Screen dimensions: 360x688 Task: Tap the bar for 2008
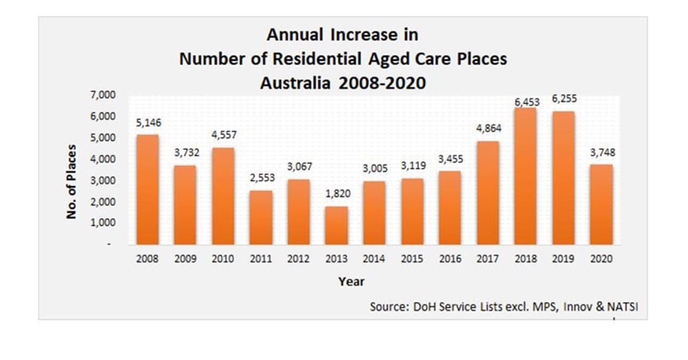(x=147, y=190)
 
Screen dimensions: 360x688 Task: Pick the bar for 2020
(x=601, y=205)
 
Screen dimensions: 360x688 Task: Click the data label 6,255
(x=564, y=99)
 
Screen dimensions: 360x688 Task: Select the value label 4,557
(x=223, y=135)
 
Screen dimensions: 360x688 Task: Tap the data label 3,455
(x=450, y=159)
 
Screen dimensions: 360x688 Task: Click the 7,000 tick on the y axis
(x=103, y=95)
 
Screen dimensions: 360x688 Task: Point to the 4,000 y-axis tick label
(x=103, y=159)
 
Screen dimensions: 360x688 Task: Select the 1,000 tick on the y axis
(x=103, y=222)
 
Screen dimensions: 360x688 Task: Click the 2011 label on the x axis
(x=261, y=259)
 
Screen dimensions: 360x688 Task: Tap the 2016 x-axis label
(x=450, y=259)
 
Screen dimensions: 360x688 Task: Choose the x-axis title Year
(x=351, y=281)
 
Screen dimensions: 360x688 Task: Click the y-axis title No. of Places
(x=72, y=181)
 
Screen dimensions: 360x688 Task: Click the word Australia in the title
(x=296, y=83)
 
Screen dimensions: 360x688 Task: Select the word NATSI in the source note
(x=623, y=307)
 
